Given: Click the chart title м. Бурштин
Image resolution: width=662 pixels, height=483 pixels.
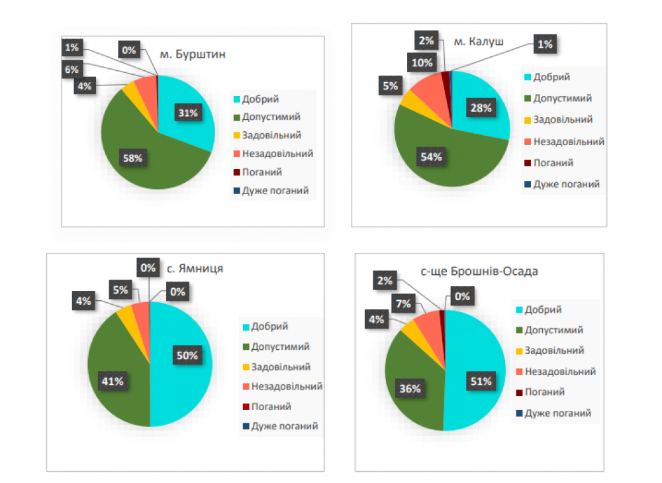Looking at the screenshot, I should click(193, 54).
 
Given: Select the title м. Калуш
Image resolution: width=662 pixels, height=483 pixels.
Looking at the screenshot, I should click(478, 42).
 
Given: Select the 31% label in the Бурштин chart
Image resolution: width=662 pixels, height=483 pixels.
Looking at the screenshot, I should click(187, 113).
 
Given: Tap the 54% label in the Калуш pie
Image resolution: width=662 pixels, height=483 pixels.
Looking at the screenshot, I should click(430, 157).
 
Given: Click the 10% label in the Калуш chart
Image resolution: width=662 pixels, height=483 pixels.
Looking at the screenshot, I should click(421, 63).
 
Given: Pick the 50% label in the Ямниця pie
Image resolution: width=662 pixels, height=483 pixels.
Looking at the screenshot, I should click(187, 356).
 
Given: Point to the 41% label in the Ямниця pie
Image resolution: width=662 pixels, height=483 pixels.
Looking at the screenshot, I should click(112, 380).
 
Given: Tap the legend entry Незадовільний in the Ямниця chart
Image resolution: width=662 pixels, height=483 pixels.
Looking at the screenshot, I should click(286, 386).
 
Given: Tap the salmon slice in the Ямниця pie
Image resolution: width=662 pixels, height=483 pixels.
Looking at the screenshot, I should click(141, 310).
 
